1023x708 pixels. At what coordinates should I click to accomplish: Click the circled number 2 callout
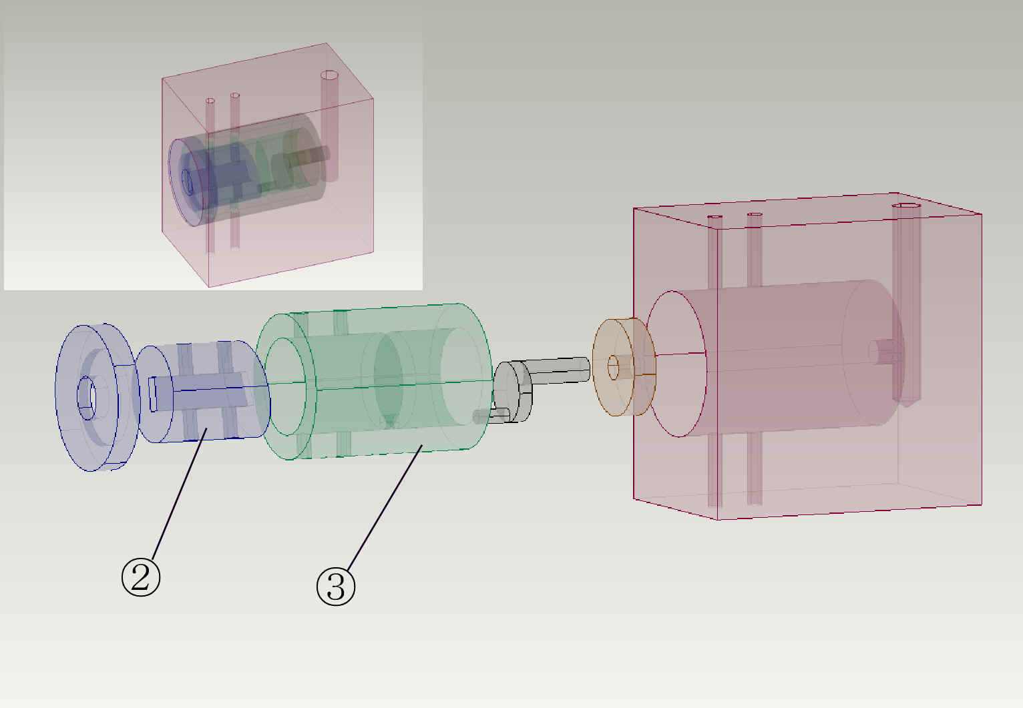coord(141,577)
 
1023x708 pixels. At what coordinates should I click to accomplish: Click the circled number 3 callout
coord(336,587)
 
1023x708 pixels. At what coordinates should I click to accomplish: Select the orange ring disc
coord(624,367)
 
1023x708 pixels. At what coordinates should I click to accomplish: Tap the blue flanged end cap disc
coord(97,398)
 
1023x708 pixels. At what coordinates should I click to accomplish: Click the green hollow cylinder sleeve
coord(373,381)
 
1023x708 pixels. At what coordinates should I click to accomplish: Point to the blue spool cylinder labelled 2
coord(203,391)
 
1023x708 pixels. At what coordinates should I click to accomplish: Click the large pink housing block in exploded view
coord(807,356)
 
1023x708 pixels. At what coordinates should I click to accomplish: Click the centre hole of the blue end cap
coord(86,398)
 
